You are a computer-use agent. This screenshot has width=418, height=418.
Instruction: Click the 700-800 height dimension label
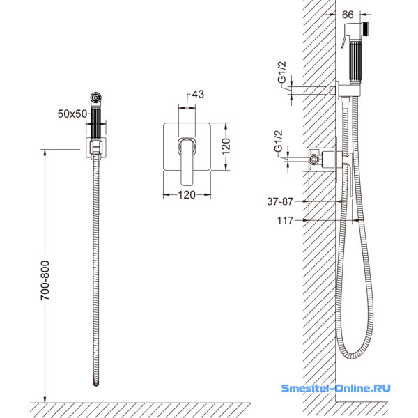[x=45, y=281]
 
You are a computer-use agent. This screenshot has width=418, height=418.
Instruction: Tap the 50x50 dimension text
[x=72, y=114]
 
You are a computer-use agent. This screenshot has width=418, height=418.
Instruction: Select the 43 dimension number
[x=198, y=94]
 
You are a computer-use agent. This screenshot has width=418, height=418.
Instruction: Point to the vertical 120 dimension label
[x=226, y=146]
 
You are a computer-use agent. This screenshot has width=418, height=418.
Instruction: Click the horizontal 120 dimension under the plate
[x=187, y=195]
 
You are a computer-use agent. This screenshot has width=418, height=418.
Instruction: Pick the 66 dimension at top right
[x=348, y=15]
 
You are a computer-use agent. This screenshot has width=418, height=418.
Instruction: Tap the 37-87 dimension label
[x=280, y=201]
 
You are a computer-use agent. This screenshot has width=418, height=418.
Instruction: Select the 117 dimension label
[x=285, y=221]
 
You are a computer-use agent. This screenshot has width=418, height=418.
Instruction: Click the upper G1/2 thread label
[x=281, y=72]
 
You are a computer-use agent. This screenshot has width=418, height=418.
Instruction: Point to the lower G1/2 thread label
[x=278, y=141]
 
